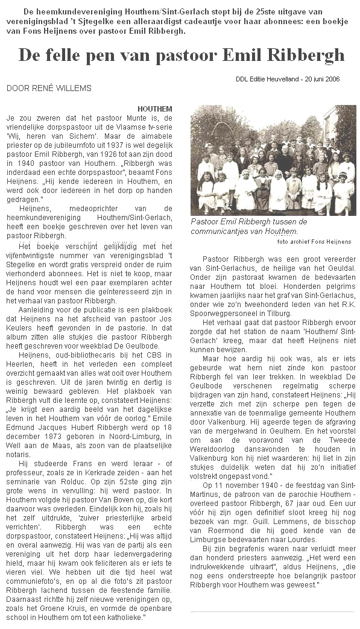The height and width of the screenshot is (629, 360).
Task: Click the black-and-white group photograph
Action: pyautogui.click(x=273, y=160)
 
